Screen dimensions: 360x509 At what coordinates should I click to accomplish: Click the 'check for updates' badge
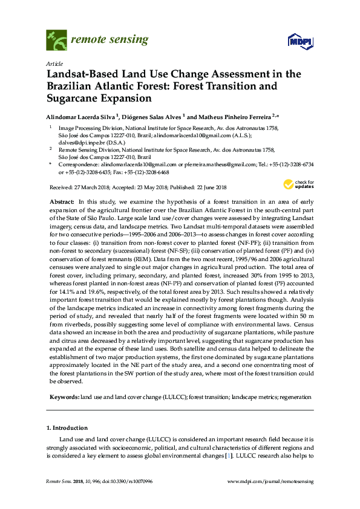(296, 184)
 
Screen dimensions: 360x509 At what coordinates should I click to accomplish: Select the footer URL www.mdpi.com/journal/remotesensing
(270, 481)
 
